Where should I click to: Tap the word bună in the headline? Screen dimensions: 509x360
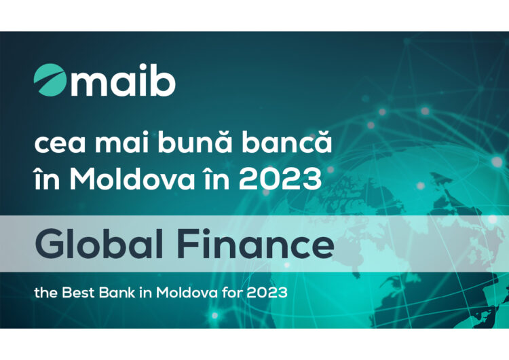point(195,142)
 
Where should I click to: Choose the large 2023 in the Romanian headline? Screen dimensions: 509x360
point(280,179)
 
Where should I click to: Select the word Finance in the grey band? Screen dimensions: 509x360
point(256,243)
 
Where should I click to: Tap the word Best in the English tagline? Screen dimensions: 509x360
point(78,293)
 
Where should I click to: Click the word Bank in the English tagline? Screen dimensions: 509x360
point(117,293)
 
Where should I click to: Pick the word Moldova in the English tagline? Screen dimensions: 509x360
point(187,293)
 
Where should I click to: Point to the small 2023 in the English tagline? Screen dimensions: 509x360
point(267,293)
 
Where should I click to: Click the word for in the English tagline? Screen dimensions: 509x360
point(232,293)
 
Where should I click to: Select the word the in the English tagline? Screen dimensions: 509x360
point(45,293)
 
